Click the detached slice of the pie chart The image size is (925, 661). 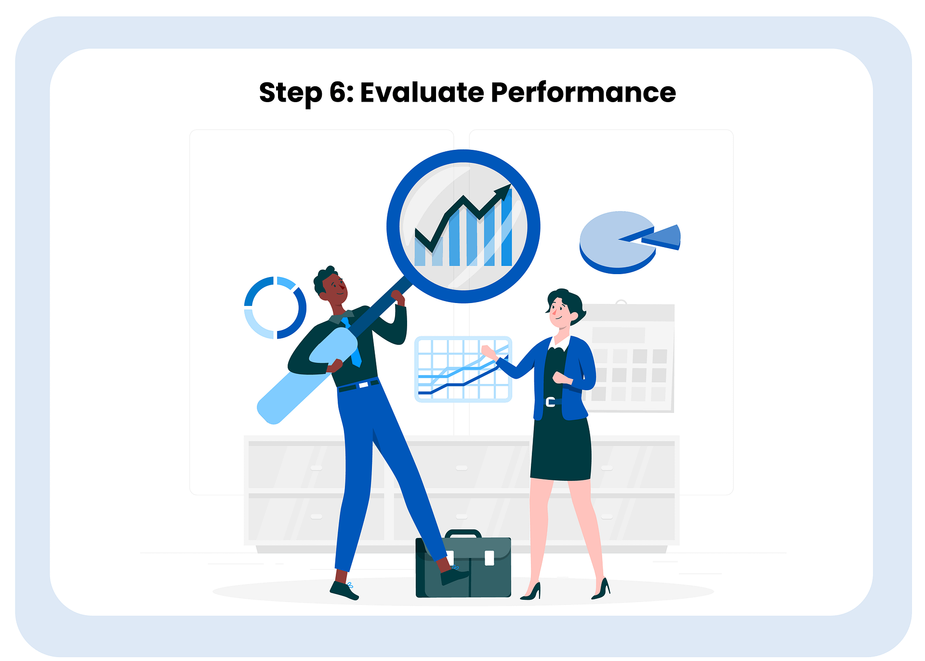point(661,237)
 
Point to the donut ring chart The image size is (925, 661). point(275,307)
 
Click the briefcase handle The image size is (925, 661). point(463,534)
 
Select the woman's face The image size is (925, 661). point(560,311)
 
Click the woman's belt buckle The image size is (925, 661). point(550,402)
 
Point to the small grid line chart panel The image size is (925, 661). point(463,369)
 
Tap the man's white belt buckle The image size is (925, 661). point(364,385)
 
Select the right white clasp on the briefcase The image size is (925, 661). point(489,558)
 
